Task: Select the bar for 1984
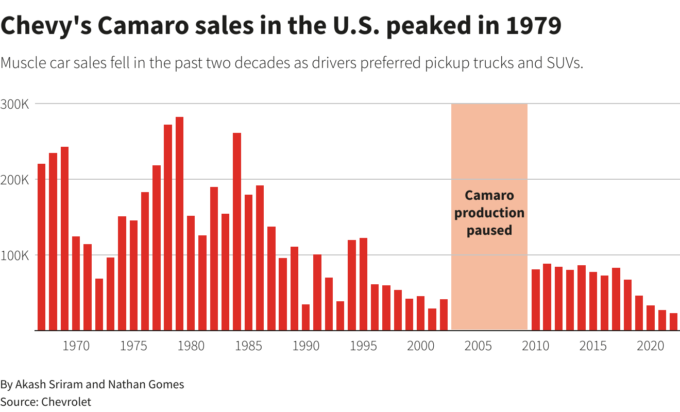click(237, 232)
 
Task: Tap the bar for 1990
click(306, 317)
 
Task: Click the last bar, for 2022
click(673, 322)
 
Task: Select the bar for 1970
click(76, 283)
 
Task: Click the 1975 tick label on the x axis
click(133, 346)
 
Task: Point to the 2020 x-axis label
click(651, 346)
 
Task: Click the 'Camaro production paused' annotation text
click(489, 213)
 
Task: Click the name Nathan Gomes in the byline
click(146, 384)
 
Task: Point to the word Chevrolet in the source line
click(66, 402)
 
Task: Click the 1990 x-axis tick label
click(306, 346)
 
